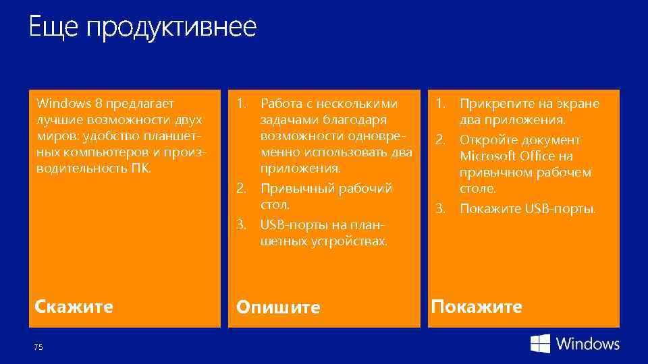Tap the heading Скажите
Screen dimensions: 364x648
[74, 307]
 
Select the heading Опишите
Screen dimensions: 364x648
[277, 308]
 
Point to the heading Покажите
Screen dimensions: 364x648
[477, 307]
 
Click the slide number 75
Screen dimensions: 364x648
[38, 346]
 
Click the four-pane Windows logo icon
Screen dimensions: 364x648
[540, 344]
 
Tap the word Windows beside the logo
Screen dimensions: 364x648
[587, 344]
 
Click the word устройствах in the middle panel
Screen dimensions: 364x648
[354, 241]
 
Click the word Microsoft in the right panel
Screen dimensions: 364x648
[488, 156]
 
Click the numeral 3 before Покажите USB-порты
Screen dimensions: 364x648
[439, 208]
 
